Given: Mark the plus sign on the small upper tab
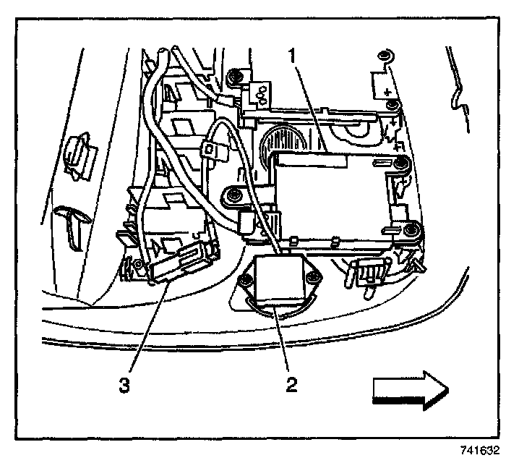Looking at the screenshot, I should [387, 93].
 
